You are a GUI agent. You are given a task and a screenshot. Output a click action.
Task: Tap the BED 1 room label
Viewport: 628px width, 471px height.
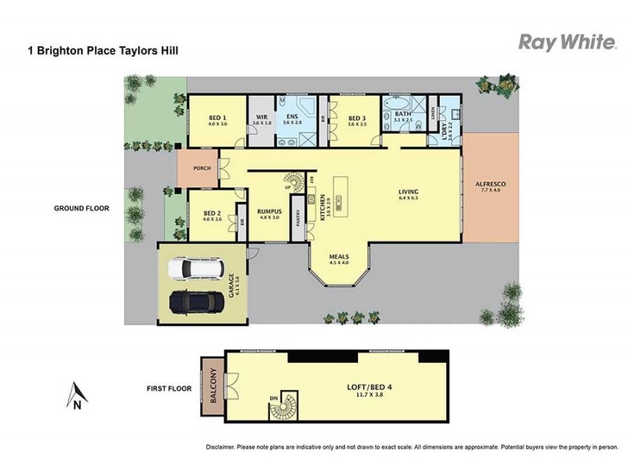(217, 118)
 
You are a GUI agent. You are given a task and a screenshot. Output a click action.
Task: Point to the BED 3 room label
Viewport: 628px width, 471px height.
(358, 118)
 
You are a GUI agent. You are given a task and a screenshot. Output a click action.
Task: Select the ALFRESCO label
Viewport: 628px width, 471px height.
(491, 184)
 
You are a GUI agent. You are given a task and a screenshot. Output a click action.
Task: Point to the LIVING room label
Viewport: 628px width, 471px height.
(408, 192)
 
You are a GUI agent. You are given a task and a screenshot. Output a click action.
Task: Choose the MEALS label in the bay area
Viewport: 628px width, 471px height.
(339, 257)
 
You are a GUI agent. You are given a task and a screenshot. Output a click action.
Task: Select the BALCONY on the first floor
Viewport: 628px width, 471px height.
(211, 389)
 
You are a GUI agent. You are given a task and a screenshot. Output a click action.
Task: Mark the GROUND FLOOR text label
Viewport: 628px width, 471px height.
(81, 209)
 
